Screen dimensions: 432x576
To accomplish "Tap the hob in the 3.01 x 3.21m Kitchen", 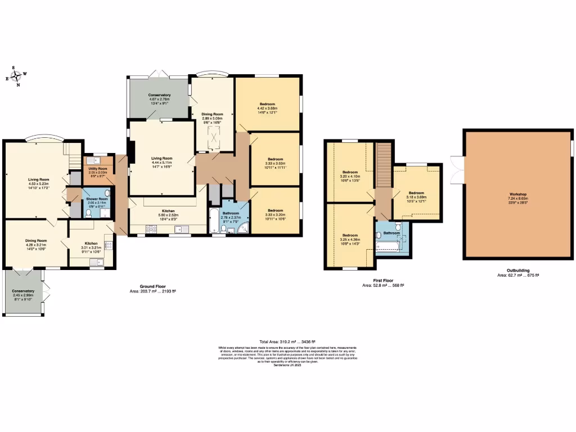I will pos(109,245).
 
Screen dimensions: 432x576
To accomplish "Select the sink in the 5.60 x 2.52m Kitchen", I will pos(181,229).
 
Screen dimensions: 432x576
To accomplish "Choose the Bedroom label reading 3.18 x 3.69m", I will pos(416,197).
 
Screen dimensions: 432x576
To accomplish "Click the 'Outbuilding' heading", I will pos(517,271).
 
